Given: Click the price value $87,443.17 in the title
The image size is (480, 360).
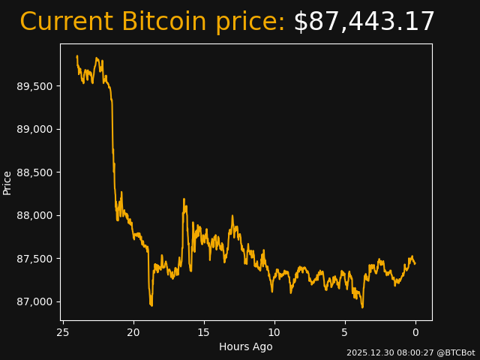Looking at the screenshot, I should (x=364, y=22).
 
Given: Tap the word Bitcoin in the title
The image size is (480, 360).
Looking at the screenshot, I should (x=164, y=22).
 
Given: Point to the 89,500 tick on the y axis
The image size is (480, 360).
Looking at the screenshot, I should (x=35, y=86).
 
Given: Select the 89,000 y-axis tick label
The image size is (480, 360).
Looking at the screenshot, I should (x=35, y=129).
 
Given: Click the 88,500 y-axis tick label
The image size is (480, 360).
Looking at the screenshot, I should (x=35, y=172).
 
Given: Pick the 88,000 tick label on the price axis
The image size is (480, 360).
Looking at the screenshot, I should (x=35, y=215).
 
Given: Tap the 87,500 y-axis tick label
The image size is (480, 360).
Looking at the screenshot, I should (x=35, y=259).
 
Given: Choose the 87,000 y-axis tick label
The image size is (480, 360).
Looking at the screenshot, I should (x=35, y=301).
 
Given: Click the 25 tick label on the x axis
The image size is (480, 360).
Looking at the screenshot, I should (x=63, y=332).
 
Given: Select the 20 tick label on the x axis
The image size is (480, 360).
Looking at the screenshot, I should (x=133, y=332).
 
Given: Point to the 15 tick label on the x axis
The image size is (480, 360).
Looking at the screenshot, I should (x=204, y=332).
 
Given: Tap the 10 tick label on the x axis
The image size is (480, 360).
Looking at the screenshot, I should (x=274, y=332).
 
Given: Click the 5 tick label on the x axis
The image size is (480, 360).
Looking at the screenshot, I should (x=345, y=332).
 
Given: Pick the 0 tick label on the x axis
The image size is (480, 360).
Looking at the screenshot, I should (x=415, y=332).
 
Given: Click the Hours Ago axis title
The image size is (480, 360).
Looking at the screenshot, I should (x=246, y=346).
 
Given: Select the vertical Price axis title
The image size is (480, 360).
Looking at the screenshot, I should (x=7, y=182).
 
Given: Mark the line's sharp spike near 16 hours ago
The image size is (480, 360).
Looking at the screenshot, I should (x=184, y=200).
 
